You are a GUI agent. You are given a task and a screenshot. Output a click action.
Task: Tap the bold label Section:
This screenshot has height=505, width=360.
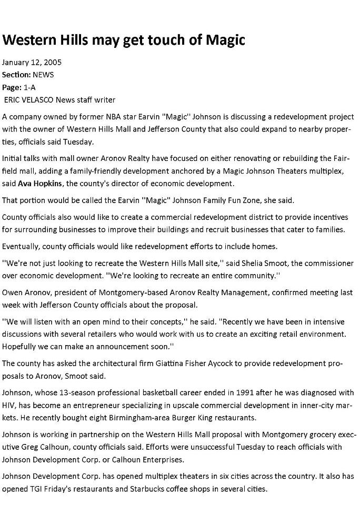coord(16,75)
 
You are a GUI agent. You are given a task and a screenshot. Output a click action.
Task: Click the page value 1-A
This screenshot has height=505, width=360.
coord(29,87)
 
